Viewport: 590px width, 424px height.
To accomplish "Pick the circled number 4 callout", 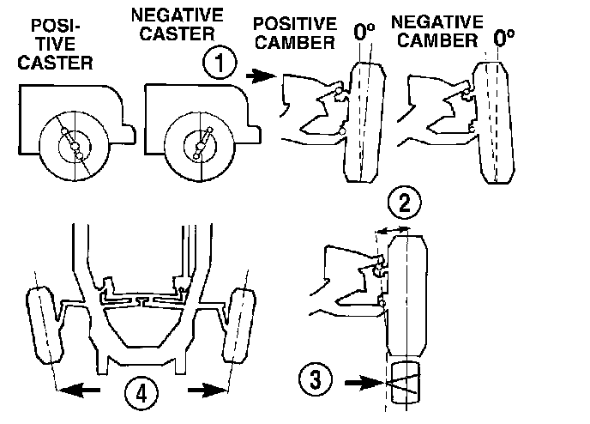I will pyautogui.click(x=141, y=392).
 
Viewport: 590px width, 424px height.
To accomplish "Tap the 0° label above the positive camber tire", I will pyautogui.click(x=364, y=33).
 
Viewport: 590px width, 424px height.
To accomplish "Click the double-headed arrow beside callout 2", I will pyautogui.click(x=394, y=229).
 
